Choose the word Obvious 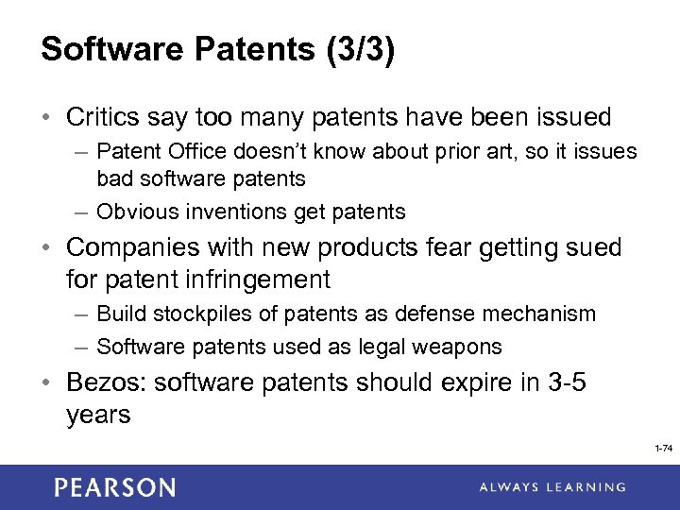point(132,212)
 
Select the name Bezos point(101,382)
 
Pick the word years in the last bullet point(98,415)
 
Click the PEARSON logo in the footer point(114,487)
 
